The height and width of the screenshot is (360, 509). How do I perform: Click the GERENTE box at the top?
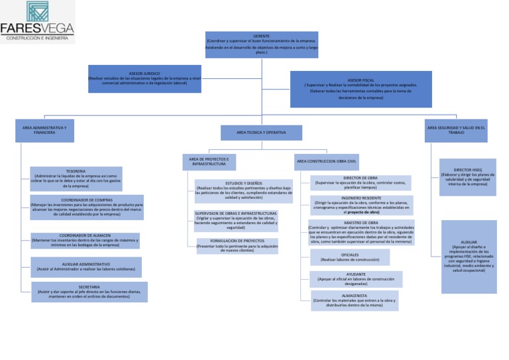pos(262,44)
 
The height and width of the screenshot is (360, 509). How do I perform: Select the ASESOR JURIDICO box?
pos(144,79)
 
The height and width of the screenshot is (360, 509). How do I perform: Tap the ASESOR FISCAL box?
pos(361,89)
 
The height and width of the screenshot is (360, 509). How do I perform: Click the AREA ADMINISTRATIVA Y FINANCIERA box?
pos(44,130)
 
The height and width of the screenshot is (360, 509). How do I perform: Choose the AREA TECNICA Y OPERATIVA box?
pos(261,133)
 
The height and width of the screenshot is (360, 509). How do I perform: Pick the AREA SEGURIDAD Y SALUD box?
pos(456,130)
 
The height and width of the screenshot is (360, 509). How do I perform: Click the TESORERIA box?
pos(76,178)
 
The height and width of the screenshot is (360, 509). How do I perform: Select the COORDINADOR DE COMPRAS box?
pos(87,207)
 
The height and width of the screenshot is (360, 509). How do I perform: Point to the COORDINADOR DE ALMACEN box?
pos(85,241)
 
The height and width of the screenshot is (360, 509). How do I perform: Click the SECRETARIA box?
pos(89,292)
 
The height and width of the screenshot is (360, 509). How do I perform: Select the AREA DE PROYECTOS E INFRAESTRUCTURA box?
pos(209,162)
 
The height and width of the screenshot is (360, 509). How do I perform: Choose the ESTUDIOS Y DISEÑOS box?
pos(243,191)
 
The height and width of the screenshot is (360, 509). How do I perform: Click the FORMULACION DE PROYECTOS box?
pos(237,246)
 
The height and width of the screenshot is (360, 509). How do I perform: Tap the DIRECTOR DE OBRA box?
pos(361,182)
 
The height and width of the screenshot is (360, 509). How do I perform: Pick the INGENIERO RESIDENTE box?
pos(361,205)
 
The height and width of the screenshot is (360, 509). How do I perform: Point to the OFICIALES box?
pos(350,257)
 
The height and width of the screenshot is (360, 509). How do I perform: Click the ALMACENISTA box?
pos(355,300)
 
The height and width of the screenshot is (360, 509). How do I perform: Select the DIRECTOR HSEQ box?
pos(467,177)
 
